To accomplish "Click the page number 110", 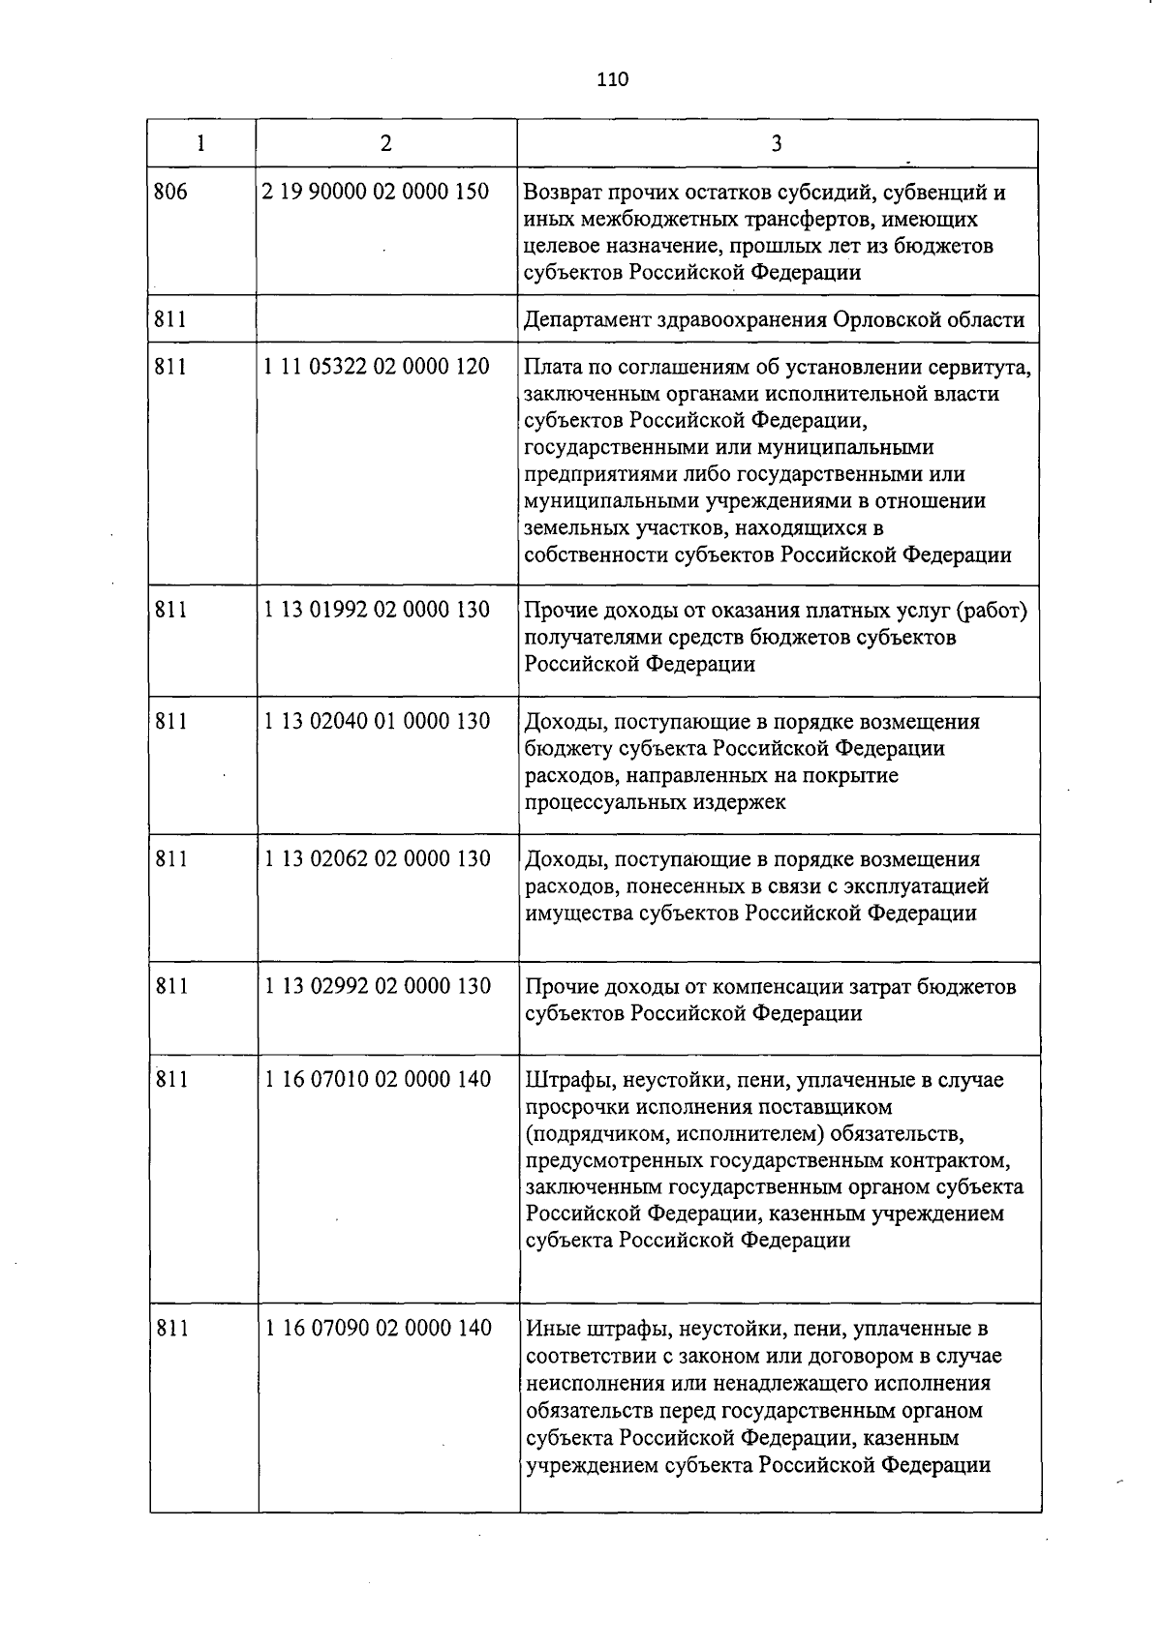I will (613, 79).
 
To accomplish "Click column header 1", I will (200, 144).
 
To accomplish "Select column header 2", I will (386, 144).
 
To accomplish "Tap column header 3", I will (777, 144).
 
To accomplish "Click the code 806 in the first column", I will (170, 192).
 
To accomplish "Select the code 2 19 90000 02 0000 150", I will (376, 192).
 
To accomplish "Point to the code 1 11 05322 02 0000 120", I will (376, 367).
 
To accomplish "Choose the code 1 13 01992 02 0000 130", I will (377, 610).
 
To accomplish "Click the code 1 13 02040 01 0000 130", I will (377, 721).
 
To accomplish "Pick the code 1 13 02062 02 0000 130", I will (378, 858).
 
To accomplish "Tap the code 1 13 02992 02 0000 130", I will (378, 986).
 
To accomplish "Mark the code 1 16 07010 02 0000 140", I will (379, 1079).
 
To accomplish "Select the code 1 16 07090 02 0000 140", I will (379, 1329).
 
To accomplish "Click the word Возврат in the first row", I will (563, 193).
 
